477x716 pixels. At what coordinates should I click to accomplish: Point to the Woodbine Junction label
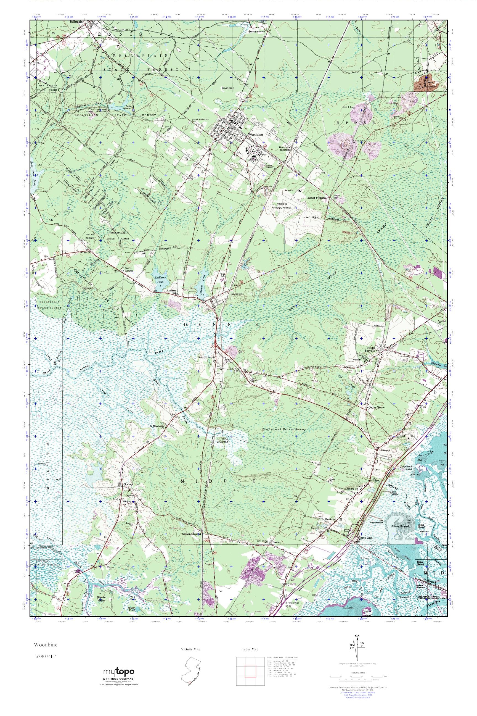tap(287, 148)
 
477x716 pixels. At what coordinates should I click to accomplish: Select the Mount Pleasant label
tap(316, 198)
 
